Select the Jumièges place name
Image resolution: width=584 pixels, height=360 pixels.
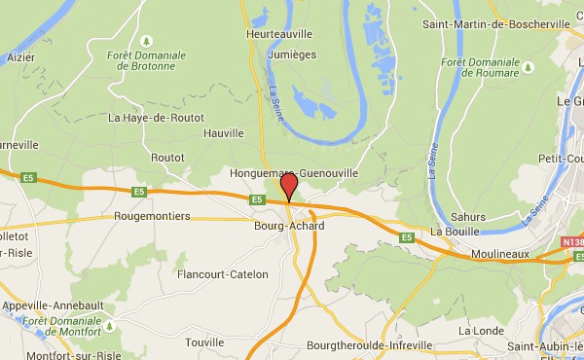point(291,54)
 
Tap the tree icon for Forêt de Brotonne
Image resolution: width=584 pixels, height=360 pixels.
point(146,41)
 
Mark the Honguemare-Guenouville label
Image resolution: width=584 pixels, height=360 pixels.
point(293,172)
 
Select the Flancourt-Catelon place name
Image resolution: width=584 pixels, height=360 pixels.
point(222,274)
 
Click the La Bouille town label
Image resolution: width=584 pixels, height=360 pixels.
point(451,232)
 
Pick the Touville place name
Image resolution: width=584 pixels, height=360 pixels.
point(204,342)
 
